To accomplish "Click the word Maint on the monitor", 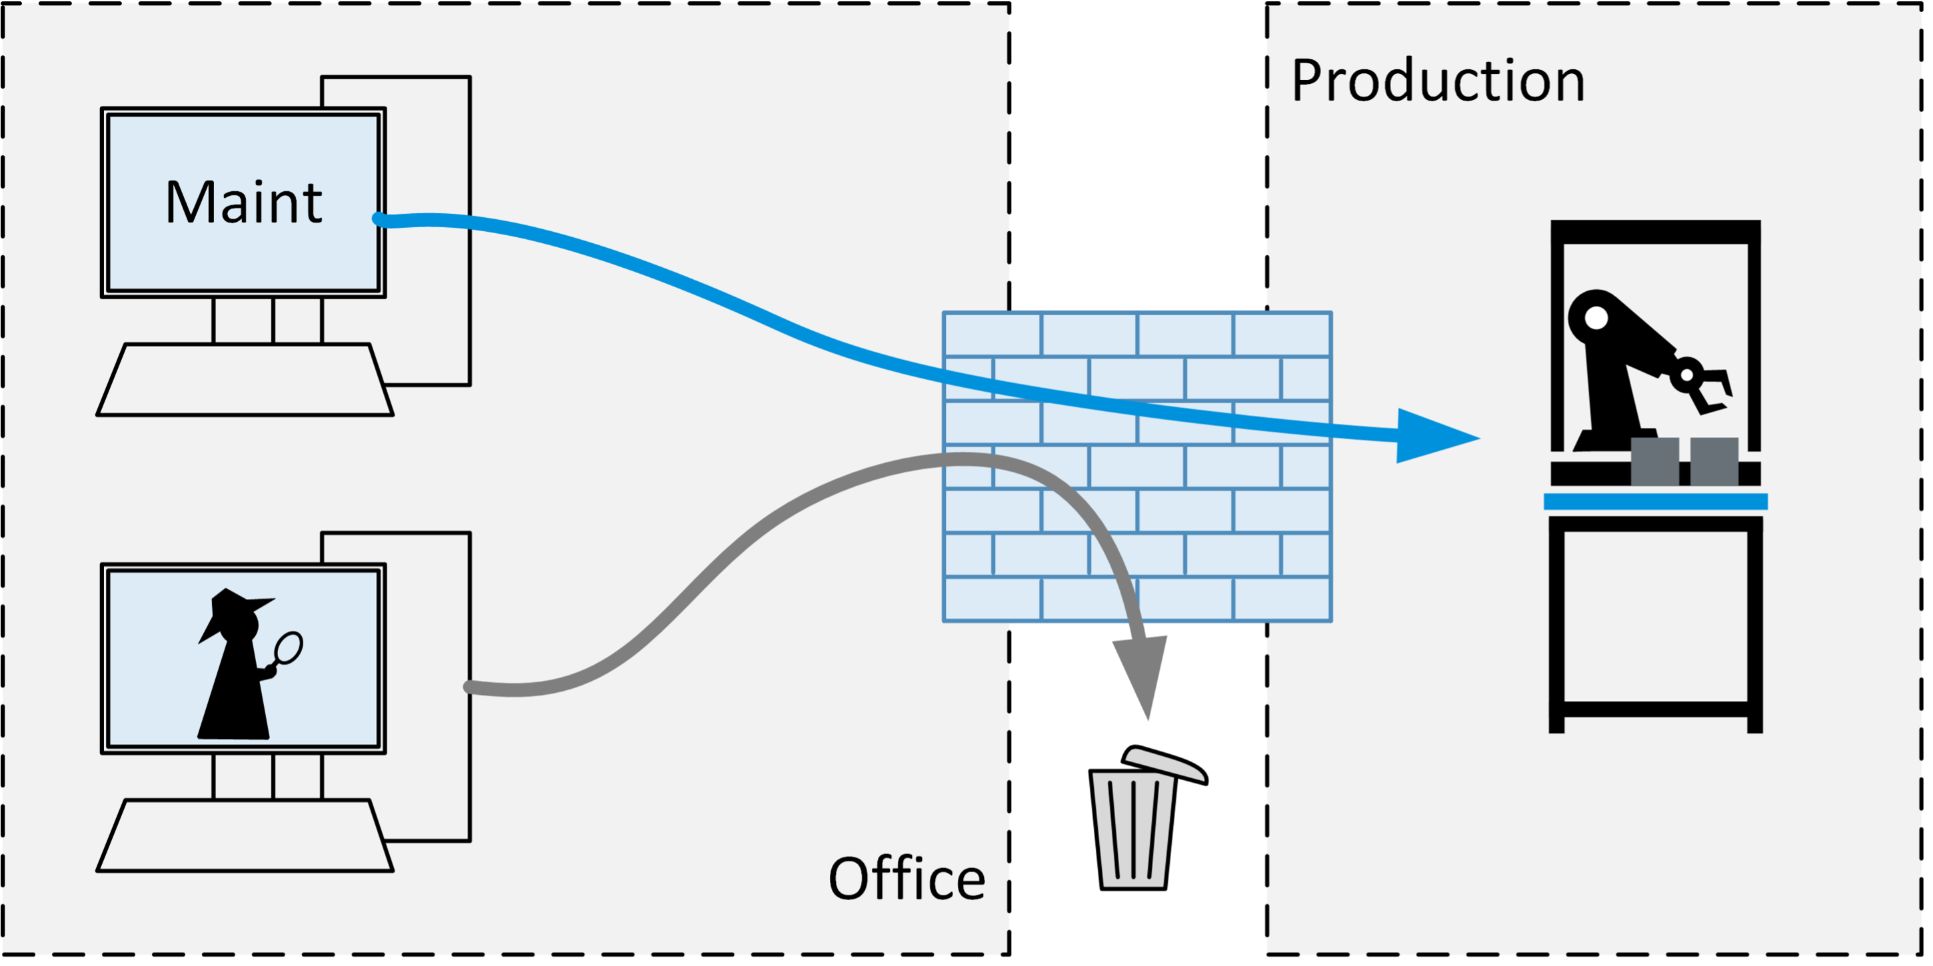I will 243,203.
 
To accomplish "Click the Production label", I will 1438,81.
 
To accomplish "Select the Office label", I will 907,878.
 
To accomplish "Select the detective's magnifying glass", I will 288,648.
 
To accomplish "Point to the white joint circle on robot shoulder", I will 1596,318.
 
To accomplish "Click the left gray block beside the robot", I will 1654,460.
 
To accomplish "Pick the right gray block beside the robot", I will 1714,460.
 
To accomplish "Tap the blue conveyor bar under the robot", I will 1655,502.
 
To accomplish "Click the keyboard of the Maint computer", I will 245,380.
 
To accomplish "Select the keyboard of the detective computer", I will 245,835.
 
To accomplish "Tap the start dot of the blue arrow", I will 379,219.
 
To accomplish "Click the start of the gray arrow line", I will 470,687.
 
